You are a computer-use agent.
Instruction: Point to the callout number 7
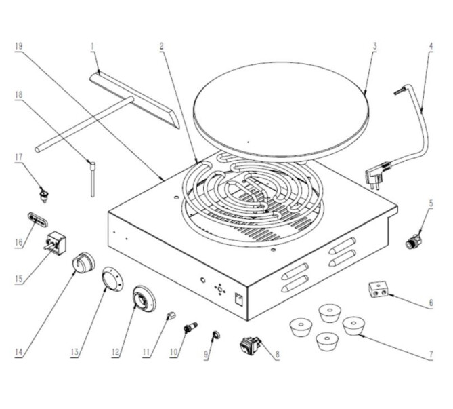tap(431, 352)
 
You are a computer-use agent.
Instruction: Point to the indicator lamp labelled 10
tap(190, 329)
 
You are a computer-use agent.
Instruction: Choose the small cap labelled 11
tap(171, 315)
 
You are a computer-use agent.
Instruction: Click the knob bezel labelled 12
tap(144, 298)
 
